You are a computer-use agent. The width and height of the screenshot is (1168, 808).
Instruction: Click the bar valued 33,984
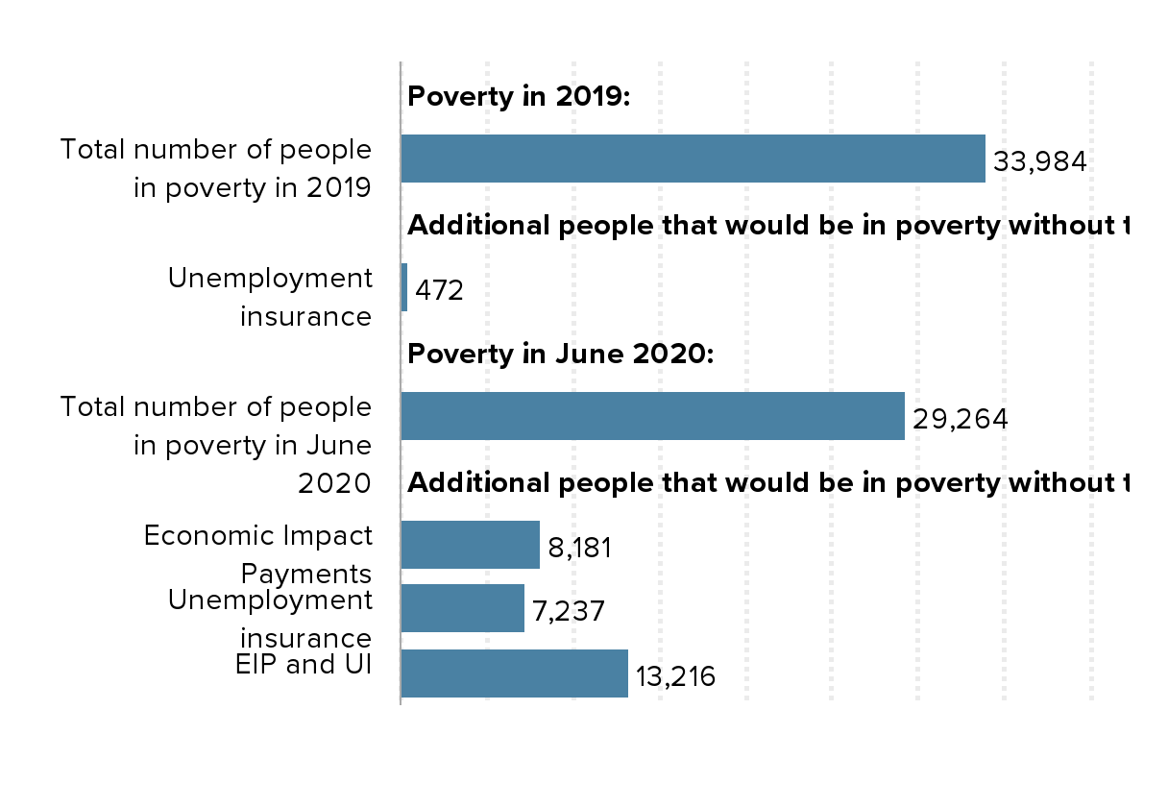pyautogui.click(x=693, y=159)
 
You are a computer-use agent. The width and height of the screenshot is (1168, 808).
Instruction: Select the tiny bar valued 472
pyautogui.click(x=404, y=287)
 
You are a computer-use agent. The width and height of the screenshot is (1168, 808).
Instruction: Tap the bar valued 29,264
pyautogui.click(x=652, y=416)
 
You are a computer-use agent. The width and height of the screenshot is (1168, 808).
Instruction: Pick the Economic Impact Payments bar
pyautogui.click(x=470, y=545)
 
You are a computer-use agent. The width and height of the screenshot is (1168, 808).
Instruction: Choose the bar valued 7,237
pyautogui.click(x=462, y=608)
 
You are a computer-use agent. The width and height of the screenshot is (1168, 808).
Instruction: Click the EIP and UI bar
pyautogui.click(x=514, y=673)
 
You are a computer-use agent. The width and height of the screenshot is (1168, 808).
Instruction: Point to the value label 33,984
pyautogui.click(x=1039, y=161)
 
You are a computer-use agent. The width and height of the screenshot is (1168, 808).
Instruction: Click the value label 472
pyautogui.click(x=439, y=290)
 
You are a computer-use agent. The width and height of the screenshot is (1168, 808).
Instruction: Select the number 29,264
pyautogui.click(x=960, y=419)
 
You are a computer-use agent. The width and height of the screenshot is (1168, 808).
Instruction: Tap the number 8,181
pyautogui.click(x=579, y=548)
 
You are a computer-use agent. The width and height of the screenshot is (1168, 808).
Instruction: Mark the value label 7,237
pyautogui.click(x=569, y=611)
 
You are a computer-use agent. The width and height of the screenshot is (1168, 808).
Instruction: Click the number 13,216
pyautogui.click(x=675, y=676)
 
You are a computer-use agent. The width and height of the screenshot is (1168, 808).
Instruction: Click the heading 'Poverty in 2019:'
pyautogui.click(x=519, y=96)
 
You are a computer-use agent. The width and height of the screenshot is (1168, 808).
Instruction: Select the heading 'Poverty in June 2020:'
pyautogui.click(x=561, y=354)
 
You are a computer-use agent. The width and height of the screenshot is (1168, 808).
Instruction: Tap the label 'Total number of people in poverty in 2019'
pyautogui.click(x=215, y=168)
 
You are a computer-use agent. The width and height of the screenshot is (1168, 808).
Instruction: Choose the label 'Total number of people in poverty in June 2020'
pyautogui.click(x=215, y=445)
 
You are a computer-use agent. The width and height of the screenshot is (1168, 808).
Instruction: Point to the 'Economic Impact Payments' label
pyautogui.click(x=257, y=553)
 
